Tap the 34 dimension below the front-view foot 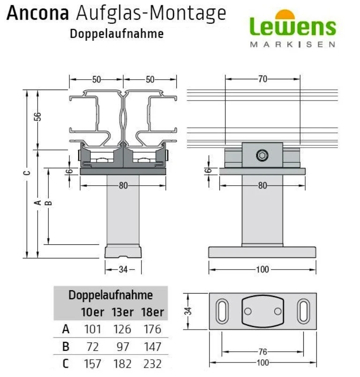click(123, 269)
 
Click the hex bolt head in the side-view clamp click(262, 155)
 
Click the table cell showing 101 click(92, 329)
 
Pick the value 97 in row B click(122, 347)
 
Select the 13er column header click(122, 312)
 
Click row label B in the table click(66, 347)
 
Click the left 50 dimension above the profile click(96, 79)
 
